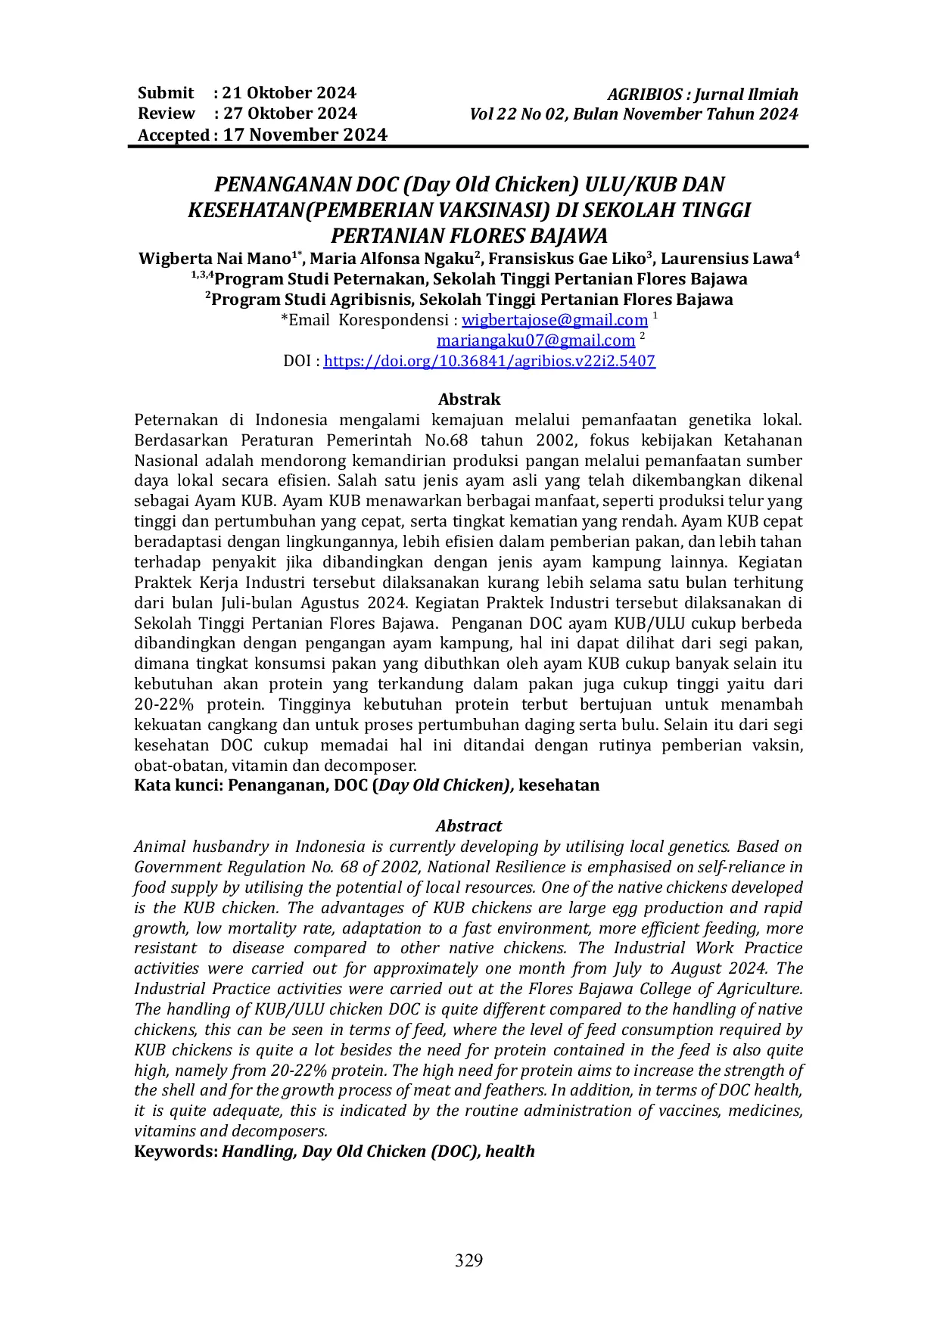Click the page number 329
tap(468, 1260)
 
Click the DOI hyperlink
tap(489, 361)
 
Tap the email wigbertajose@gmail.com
tap(555, 320)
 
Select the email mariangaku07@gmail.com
tap(535, 340)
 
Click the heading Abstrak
tap(469, 399)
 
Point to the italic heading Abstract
tap(468, 825)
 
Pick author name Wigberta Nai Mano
tap(214, 259)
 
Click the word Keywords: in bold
tap(176, 1151)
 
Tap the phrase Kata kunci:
tap(179, 785)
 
